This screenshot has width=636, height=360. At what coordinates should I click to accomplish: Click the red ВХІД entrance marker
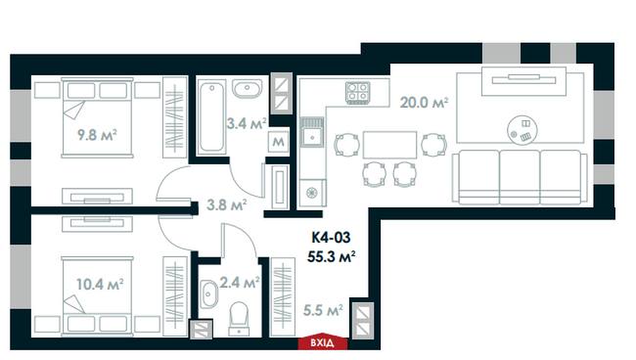[321, 342]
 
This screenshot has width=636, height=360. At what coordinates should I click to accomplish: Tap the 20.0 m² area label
[424, 102]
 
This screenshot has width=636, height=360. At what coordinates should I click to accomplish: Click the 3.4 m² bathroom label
[246, 123]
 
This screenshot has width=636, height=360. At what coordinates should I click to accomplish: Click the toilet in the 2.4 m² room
[238, 317]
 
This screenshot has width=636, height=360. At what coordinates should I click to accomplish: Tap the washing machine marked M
[277, 141]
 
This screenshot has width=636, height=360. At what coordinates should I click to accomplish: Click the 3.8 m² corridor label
[226, 204]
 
